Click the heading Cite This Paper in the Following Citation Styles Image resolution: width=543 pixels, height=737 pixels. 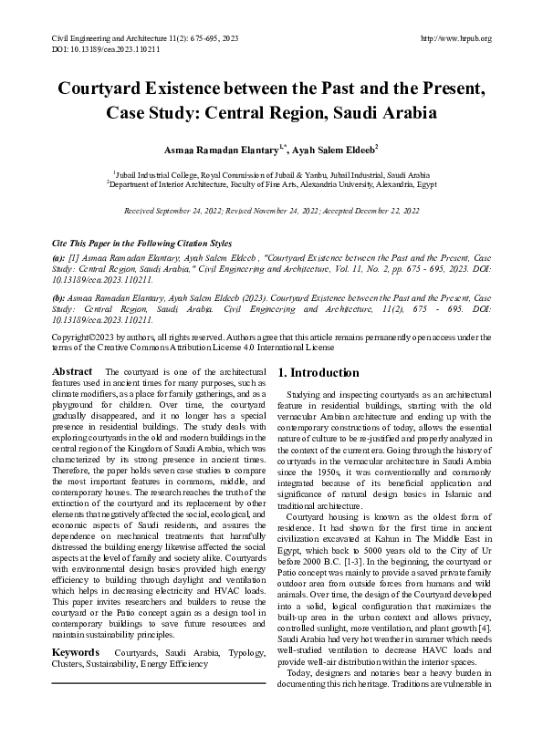[141, 244]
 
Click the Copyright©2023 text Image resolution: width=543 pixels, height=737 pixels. [88, 337]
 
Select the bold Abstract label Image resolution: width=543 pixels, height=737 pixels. [72, 372]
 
